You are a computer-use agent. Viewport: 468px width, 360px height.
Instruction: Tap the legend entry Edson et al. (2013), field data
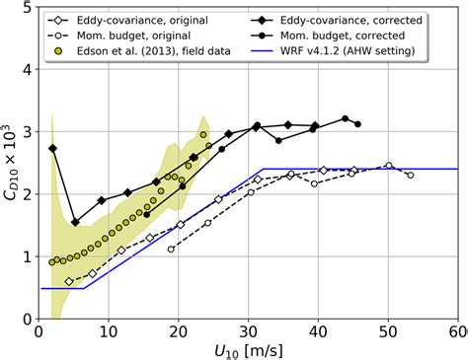click(x=137, y=50)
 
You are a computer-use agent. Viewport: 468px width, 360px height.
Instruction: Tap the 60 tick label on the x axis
click(x=456, y=330)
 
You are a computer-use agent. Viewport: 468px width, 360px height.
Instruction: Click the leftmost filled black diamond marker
click(x=52, y=148)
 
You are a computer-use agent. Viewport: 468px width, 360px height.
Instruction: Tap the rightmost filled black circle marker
click(x=357, y=124)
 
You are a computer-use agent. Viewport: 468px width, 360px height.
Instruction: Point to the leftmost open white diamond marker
click(x=69, y=281)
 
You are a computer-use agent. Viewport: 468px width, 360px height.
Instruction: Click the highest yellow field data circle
click(x=203, y=135)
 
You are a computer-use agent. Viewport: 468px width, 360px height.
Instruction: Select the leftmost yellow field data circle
click(x=52, y=262)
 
